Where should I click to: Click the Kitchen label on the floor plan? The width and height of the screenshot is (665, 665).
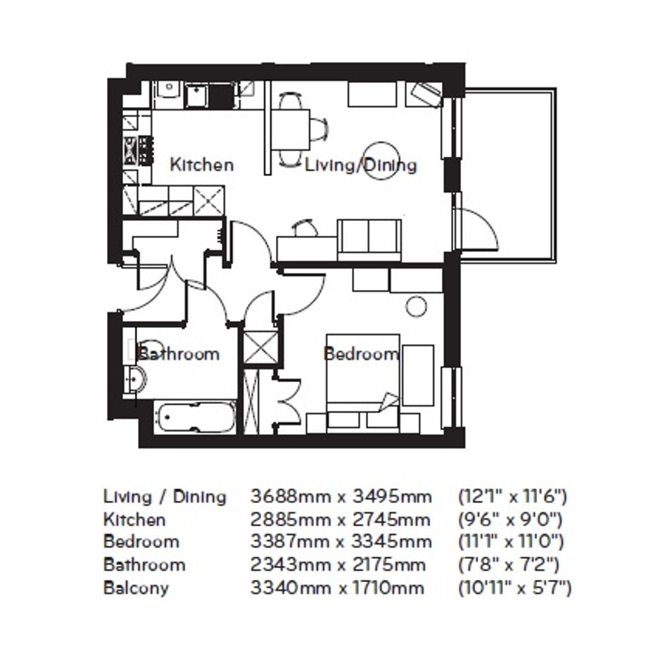click(201, 165)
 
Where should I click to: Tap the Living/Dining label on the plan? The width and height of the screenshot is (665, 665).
click(361, 165)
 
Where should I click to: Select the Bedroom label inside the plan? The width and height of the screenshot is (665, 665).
click(361, 353)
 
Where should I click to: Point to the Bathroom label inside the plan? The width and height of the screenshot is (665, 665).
click(179, 354)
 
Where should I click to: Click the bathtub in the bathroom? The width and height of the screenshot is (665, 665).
click(195, 417)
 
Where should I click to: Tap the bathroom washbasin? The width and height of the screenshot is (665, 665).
click(135, 378)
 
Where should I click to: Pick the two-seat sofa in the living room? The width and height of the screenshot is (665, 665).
click(369, 240)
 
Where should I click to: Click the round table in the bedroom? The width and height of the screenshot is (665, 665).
click(416, 307)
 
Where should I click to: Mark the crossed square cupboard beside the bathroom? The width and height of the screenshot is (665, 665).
click(261, 348)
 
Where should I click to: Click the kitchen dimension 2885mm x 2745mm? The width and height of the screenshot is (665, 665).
click(340, 519)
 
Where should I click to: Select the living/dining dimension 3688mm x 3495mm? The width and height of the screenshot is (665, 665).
click(341, 496)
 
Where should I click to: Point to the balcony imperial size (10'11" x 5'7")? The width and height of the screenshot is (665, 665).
click(515, 588)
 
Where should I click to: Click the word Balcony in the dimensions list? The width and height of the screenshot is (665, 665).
click(136, 589)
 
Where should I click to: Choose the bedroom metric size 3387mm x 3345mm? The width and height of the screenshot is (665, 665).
click(341, 542)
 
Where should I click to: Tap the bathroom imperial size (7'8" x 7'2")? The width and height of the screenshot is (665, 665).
click(509, 565)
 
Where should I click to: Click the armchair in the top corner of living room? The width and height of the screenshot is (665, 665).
click(425, 94)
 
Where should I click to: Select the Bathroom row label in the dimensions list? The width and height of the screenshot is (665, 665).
click(144, 565)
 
